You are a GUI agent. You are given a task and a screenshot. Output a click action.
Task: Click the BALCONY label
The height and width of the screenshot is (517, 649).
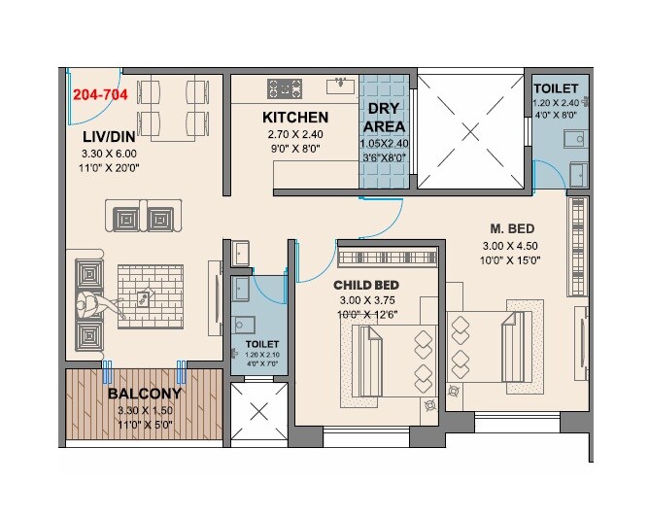point(145,394)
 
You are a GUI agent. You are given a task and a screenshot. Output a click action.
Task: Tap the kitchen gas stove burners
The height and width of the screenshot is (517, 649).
point(285,88)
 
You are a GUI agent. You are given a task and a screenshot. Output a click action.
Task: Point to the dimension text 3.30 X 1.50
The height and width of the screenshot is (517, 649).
point(145,410)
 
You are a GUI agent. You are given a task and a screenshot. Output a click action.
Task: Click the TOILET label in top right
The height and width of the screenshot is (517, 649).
point(556,88)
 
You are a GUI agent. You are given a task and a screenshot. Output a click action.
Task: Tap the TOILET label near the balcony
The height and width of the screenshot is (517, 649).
point(261,344)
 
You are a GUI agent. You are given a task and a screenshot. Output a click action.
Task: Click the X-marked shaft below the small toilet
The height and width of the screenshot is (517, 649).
point(259,411)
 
